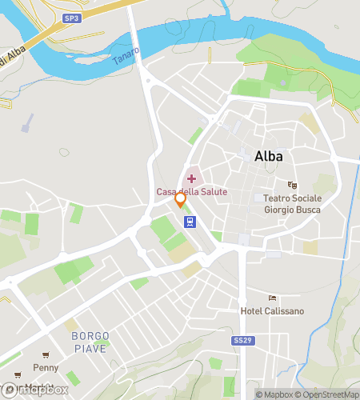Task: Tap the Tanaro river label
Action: [x=126, y=57]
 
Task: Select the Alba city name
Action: [x=268, y=156]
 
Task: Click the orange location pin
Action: [x=181, y=198]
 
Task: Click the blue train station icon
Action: [x=190, y=222]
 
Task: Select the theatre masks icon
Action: [x=292, y=186]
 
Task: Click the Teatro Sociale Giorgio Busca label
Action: [x=293, y=203]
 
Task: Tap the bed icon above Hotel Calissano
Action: [x=273, y=298]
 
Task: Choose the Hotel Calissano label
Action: [x=273, y=310]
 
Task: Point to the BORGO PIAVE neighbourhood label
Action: [x=90, y=341]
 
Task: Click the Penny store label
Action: [x=46, y=368]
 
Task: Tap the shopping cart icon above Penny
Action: [x=46, y=355]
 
